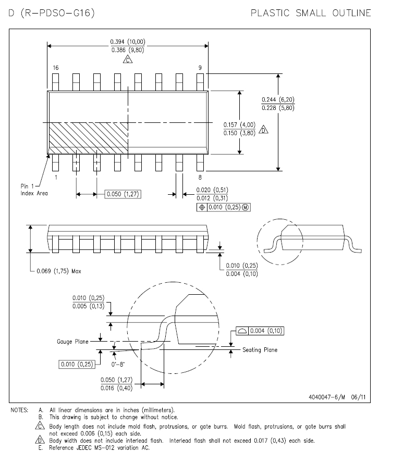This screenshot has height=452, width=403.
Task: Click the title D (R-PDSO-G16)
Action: click(51, 12)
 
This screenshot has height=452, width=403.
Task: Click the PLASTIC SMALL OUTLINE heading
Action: click(311, 12)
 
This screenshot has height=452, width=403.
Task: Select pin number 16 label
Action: click(55, 68)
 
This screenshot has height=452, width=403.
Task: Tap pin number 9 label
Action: click(200, 68)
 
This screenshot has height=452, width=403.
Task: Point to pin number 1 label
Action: click(55, 177)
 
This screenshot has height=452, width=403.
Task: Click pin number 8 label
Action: click(200, 177)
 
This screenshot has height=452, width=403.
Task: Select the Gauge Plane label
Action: click(72, 342)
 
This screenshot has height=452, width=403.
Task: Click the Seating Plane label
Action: click(260, 350)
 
